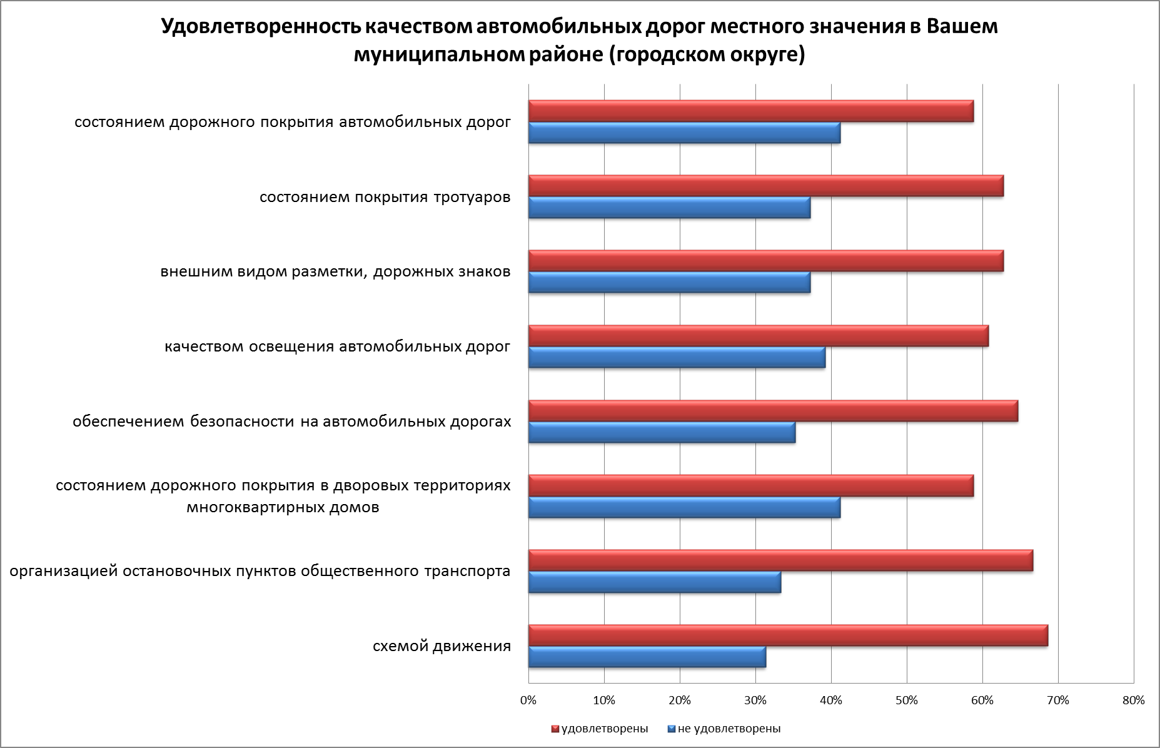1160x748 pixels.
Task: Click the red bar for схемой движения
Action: pyautogui.click(x=788, y=635)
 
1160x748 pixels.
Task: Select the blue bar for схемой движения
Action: pyautogui.click(x=647, y=657)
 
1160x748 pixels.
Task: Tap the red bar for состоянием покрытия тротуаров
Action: pyautogui.click(x=766, y=186)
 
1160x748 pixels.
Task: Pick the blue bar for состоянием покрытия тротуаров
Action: pyautogui.click(x=669, y=208)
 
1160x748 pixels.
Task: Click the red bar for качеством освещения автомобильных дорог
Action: pyautogui.click(x=759, y=336)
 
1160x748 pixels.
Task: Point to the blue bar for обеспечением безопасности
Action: pyautogui.click(x=662, y=432)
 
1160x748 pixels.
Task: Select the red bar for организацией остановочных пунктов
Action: pyautogui.click(x=780, y=560)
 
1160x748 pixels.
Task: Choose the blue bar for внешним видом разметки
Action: pyautogui.click(x=669, y=283)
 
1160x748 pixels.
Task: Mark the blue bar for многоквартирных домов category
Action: pyautogui.click(x=684, y=507)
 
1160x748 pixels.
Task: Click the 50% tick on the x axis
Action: pyautogui.click(x=907, y=700)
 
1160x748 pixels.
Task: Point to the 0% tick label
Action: pyautogui.click(x=528, y=700)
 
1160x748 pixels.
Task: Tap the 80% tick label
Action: pyautogui.click(x=1133, y=700)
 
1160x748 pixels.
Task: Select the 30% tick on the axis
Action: pyautogui.click(x=755, y=700)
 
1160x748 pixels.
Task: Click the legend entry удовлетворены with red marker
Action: pyautogui.click(x=599, y=729)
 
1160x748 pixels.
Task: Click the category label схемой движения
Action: pyautogui.click(x=441, y=646)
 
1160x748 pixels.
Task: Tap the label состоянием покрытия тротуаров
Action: pyautogui.click(x=385, y=198)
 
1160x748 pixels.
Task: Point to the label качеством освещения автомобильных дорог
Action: pyautogui.click(x=338, y=346)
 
